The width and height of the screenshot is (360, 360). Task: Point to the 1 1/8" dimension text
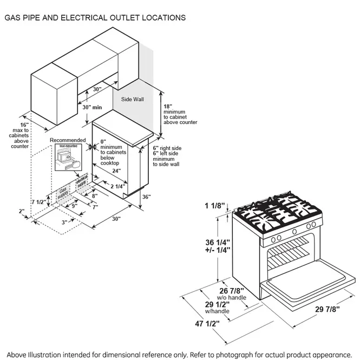pyautogui.click(x=215, y=206)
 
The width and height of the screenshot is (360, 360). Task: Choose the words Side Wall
pyautogui.click(x=132, y=100)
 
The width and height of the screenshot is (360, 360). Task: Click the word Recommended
pyautogui.click(x=68, y=140)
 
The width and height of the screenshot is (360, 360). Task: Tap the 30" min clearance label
pyautogui.click(x=92, y=107)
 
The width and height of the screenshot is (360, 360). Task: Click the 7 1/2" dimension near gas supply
pyautogui.click(x=39, y=202)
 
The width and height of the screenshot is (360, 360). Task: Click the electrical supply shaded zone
pyautogui.click(x=82, y=182)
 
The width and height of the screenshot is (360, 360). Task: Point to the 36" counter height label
pyautogui.click(x=146, y=197)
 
